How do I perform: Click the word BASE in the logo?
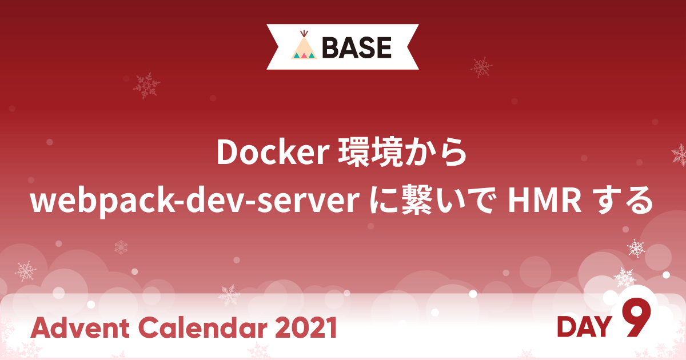coord(357,47)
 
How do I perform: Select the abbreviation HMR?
coord(545,201)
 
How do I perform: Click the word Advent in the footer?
coord(80,327)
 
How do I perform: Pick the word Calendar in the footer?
coord(204,327)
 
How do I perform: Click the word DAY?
coord(584,327)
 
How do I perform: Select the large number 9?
coord(636,318)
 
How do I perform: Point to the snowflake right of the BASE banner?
coord(481,67)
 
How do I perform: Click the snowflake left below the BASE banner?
coord(146,86)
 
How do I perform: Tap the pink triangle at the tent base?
coord(304,56)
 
